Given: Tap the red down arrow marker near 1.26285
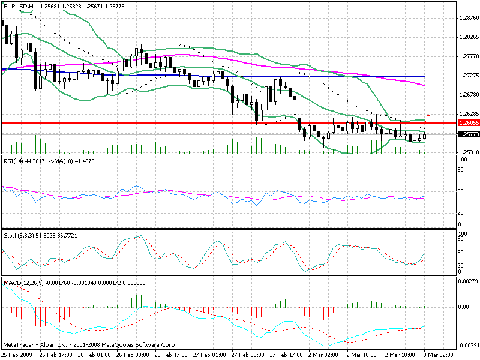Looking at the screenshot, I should click(428, 118).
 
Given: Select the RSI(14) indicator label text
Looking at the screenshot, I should click(16, 161).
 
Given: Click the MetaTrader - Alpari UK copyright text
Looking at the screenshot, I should click(90, 345).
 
